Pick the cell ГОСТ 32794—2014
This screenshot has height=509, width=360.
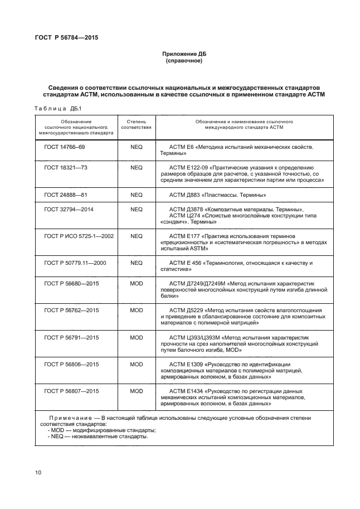tap(68, 209)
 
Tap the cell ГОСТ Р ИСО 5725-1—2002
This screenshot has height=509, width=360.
tap(79, 236)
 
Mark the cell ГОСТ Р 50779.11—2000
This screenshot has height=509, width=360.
tap(75, 263)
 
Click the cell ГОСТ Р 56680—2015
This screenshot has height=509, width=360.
tap(71, 283)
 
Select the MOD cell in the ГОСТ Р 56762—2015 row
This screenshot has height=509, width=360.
tap(136, 310)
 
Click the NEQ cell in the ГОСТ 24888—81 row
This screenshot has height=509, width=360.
tap(136, 195)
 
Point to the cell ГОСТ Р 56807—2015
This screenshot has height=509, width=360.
tap(71, 391)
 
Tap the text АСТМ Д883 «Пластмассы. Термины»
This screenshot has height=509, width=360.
tap(217, 195)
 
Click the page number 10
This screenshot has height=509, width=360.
tap(38, 473)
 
